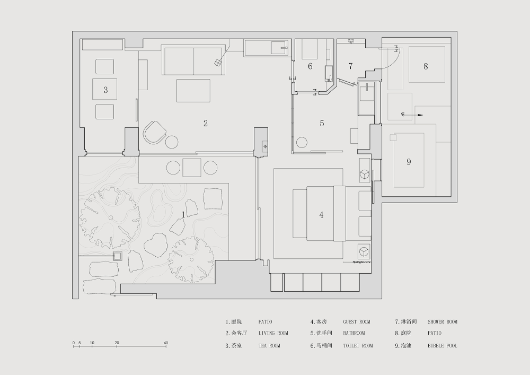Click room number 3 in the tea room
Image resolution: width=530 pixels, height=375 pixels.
point(106,90)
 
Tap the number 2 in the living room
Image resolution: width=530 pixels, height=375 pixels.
point(206,124)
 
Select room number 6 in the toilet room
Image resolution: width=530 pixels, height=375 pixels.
point(310,66)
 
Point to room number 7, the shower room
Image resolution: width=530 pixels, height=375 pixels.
point(350,66)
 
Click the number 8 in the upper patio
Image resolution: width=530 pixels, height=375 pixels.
point(426,66)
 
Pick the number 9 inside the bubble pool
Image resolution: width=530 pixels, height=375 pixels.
point(409,162)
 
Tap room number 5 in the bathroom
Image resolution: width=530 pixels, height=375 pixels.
point(322,124)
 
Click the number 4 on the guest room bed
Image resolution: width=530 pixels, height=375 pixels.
point(321,215)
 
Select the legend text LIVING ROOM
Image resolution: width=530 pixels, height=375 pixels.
point(273,333)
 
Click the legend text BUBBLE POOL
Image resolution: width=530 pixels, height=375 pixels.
point(443,346)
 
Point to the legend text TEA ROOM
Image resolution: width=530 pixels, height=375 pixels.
point(269,346)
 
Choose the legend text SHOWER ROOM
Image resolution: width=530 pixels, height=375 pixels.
point(443,322)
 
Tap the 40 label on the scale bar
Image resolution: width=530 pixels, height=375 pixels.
point(165,343)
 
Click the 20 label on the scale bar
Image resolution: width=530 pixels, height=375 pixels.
point(117,343)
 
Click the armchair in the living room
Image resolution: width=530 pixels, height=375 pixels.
point(155,133)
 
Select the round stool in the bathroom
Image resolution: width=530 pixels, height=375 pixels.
point(302,143)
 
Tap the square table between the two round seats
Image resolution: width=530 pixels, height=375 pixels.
point(192,168)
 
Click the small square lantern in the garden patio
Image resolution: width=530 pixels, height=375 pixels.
point(117,256)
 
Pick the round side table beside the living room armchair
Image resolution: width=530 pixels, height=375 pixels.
point(172,142)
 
